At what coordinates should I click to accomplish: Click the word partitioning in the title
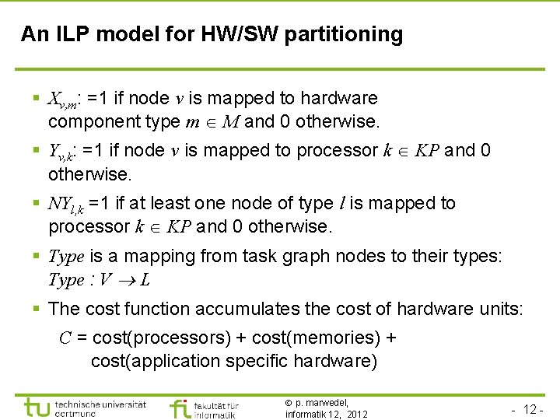pos(344,35)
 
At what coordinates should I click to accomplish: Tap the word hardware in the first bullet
pos(339,99)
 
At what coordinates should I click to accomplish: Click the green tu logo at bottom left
pos(38,408)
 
